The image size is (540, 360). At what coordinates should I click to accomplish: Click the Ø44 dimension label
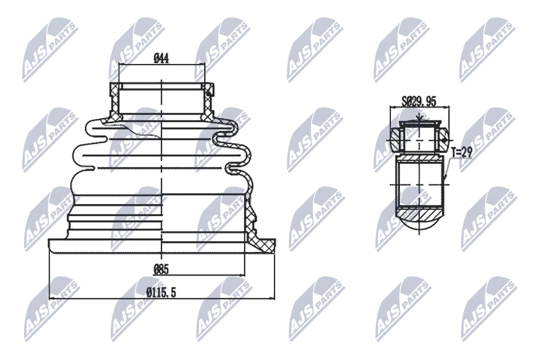[x=161, y=58]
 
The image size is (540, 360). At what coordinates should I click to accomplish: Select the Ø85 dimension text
[x=161, y=269]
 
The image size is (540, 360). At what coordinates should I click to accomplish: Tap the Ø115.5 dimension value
[x=161, y=293]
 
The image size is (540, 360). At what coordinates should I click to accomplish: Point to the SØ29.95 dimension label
[x=419, y=101]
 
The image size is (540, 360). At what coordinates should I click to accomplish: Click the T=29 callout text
[x=461, y=152]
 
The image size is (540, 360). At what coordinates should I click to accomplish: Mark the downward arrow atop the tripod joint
[x=419, y=117]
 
